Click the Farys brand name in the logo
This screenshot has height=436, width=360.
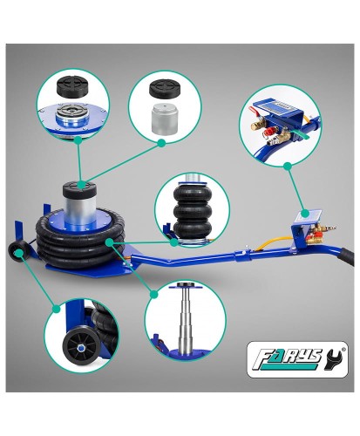[287, 359]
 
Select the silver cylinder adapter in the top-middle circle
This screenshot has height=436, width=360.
[164, 119]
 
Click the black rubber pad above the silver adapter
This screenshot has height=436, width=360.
[165, 88]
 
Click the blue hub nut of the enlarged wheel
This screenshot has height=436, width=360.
[80, 346]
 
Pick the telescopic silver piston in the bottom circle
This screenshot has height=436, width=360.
[186, 317]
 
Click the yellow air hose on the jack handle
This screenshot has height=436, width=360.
[272, 242]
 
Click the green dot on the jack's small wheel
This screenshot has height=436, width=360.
[18, 252]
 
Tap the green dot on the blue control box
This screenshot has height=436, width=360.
[305, 214]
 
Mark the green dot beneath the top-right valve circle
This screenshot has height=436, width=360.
[288, 167]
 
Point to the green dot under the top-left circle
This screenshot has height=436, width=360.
[78, 140]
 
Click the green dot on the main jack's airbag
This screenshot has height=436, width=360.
[110, 242]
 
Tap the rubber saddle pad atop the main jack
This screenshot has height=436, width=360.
[79, 189]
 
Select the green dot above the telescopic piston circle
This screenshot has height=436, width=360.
[154, 295]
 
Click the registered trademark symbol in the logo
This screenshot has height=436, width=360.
[344, 349]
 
